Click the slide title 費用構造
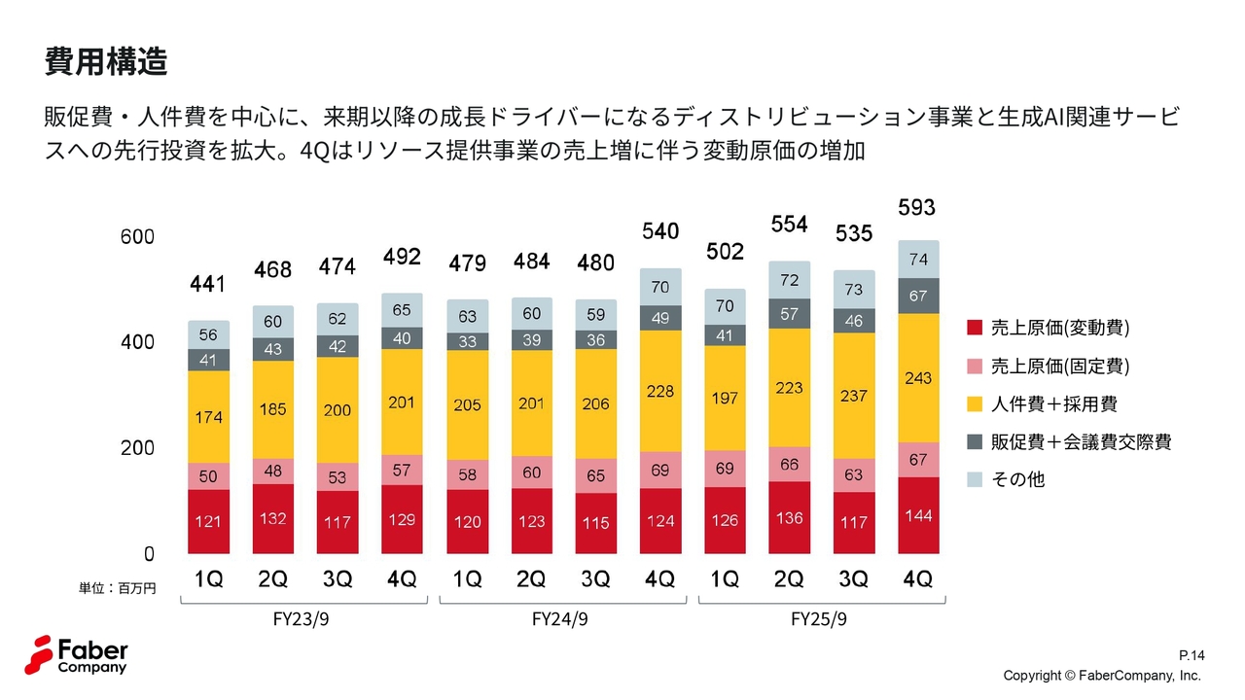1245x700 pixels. click(106, 61)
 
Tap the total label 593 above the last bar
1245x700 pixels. click(917, 207)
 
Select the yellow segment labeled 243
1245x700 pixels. click(917, 377)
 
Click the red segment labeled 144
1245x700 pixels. click(917, 515)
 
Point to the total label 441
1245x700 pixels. click(207, 284)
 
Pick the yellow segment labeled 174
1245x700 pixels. click(208, 417)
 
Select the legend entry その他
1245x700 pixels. click(1017, 479)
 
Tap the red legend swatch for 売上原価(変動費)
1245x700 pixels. click(976, 329)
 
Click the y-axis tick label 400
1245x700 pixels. click(136, 342)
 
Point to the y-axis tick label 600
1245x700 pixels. click(136, 237)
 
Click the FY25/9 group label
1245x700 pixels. click(819, 619)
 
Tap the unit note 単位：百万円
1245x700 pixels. click(118, 587)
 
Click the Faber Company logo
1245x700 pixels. click(76, 655)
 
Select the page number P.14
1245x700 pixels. click(1191, 656)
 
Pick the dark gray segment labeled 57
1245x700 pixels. click(789, 314)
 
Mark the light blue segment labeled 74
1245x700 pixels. click(917, 260)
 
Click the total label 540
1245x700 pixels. click(659, 231)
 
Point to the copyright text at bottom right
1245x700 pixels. click(1102, 675)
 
